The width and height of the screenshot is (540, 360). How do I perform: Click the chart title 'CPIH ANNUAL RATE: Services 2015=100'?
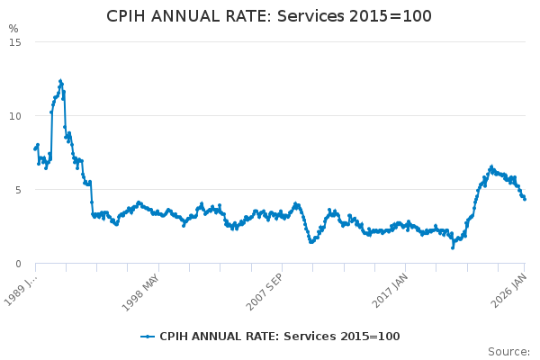[x=269, y=16]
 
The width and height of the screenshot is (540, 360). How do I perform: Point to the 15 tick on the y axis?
[x=16, y=41]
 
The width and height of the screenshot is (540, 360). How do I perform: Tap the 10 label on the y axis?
[x=16, y=115]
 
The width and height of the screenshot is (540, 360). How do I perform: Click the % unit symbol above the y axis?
[x=13, y=29]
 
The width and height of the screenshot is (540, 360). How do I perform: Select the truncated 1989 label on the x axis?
[x=21, y=286]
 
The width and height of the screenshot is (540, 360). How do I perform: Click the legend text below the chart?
[x=279, y=337]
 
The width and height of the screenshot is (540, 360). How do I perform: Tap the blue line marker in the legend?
[x=148, y=337]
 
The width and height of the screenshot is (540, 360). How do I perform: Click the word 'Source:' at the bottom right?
[x=508, y=351]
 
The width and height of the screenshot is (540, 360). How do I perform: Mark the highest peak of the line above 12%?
[x=60, y=81]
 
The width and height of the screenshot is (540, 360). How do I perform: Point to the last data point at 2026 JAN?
[x=525, y=199]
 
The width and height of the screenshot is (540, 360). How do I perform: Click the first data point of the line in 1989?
[x=35, y=148]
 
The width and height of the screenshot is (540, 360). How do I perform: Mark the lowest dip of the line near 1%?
[x=453, y=247]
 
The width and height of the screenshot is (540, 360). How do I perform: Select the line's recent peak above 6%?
[x=491, y=166]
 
